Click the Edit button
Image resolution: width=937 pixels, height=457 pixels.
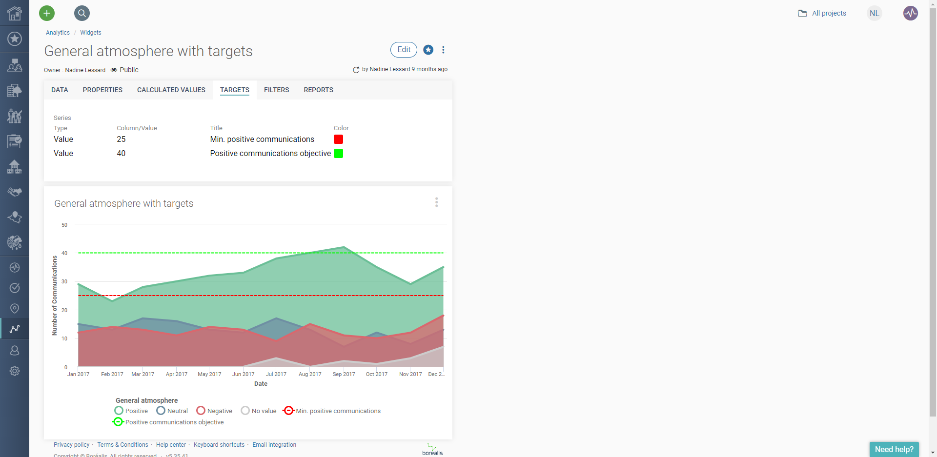point(404,50)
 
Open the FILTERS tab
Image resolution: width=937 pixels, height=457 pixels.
point(276,90)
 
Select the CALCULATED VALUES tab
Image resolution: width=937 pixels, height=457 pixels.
point(171,90)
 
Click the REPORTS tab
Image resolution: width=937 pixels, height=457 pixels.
point(318,90)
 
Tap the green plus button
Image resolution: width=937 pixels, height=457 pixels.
point(47,13)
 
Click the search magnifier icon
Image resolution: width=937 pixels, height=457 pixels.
point(82,13)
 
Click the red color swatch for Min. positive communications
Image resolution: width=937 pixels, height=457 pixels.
point(338,139)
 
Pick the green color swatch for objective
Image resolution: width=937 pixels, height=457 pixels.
point(338,154)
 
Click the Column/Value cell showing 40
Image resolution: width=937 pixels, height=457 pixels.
point(121,154)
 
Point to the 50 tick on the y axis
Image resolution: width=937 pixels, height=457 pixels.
point(64,225)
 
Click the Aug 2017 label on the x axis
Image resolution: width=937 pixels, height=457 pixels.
point(310,374)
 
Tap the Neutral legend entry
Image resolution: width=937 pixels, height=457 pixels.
point(172,411)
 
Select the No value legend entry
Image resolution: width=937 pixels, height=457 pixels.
point(259,411)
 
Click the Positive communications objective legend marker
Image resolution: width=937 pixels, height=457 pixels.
point(118,422)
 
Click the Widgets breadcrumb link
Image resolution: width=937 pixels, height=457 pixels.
point(91,33)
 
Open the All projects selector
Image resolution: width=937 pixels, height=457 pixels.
point(822,13)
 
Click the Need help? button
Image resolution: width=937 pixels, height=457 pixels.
point(894,449)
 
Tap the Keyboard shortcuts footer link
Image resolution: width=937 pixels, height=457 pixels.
point(219,445)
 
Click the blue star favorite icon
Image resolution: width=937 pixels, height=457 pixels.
point(428,50)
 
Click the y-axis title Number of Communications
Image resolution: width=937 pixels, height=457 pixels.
point(55,296)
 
